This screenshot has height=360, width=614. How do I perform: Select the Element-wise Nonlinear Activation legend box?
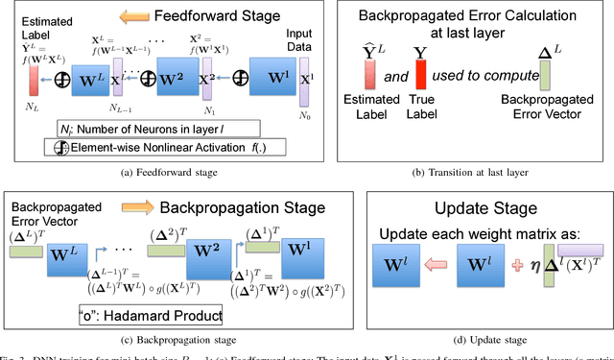pyautogui.click(x=138, y=147)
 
